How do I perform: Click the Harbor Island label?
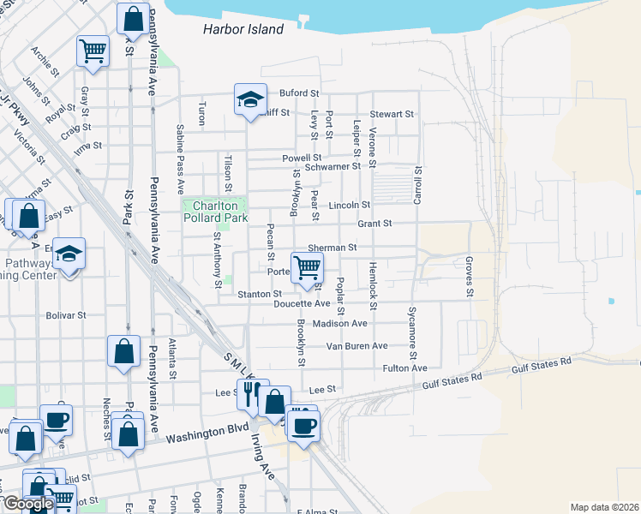pyautogui.click(x=243, y=29)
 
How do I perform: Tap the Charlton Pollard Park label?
pyautogui.click(x=214, y=212)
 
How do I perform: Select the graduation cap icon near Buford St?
pyautogui.click(x=249, y=100)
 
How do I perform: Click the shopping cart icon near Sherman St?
pyautogui.click(x=307, y=266)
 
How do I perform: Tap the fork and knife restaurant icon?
pyautogui.click(x=251, y=393)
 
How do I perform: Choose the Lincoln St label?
pyautogui.click(x=349, y=206)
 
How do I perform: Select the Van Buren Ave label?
pyautogui.click(x=356, y=346)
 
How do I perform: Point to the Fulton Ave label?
pyautogui.click(x=405, y=368)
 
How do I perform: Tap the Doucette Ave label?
pyautogui.click(x=302, y=303)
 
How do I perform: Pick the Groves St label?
pyautogui.click(x=470, y=276)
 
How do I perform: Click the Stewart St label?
pyautogui.click(x=392, y=114)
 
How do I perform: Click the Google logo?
pyautogui.click(x=27, y=504)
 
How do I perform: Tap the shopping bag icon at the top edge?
pyautogui.click(x=134, y=17)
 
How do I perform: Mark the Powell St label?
pyautogui.click(x=302, y=158)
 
